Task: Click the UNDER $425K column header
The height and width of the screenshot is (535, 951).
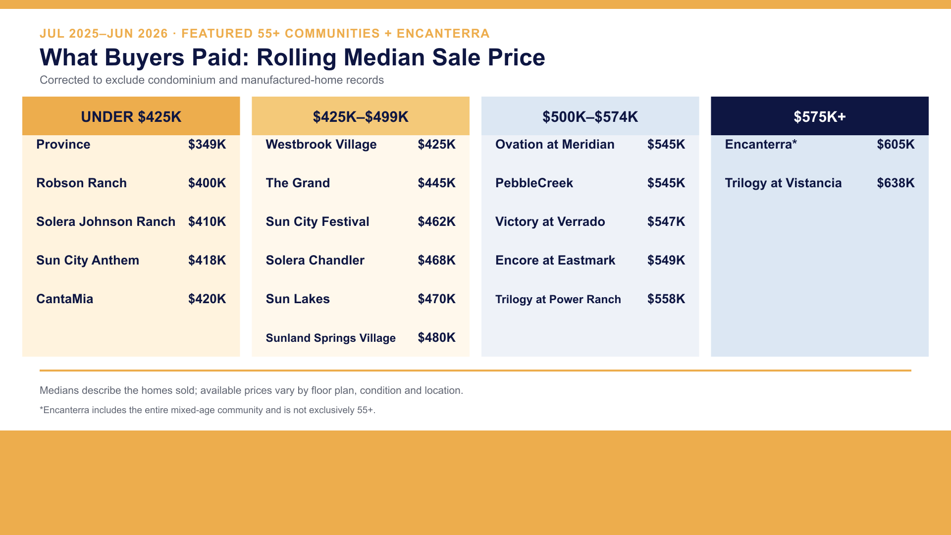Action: tap(131, 116)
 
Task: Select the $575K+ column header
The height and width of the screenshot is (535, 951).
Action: tap(820, 116)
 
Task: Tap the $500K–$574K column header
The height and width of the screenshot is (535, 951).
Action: tap(590, 116)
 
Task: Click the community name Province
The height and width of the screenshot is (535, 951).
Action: tap(63, 144)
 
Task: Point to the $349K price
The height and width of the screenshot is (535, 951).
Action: tap(207, 144)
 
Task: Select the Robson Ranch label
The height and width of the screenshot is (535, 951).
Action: tap(82, 183)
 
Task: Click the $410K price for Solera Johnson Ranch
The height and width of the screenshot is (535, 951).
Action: tap(207, 221)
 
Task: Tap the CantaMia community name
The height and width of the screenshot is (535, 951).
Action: tap(65, 299)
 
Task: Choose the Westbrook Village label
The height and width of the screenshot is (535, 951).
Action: tap(321, 145)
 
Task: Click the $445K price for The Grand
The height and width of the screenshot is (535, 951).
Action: tap(436, 183)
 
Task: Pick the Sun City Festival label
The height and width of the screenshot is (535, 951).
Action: tap(317, 221)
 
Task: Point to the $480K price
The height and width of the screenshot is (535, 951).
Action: tap(436, 337)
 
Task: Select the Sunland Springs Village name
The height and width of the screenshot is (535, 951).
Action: tap(331, 338)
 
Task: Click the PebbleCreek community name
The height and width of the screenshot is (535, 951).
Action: tap(534, 183)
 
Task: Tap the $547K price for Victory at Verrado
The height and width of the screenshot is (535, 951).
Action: tap(666, 221)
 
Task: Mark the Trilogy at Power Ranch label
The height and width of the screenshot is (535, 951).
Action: tap(558, 299)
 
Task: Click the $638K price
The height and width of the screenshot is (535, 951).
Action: tap(896, 183)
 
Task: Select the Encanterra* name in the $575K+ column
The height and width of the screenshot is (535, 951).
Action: tap(761, 144)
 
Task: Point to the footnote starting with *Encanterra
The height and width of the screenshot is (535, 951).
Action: tap(208, 410)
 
